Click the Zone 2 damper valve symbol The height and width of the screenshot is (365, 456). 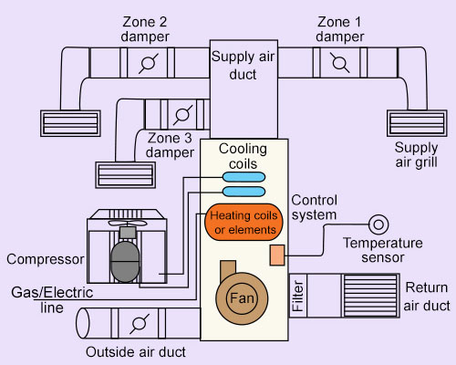[x=149, y=63]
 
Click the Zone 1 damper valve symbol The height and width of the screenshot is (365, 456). [x=340, y=63]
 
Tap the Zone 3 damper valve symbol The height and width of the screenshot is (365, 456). [x=183, y=115]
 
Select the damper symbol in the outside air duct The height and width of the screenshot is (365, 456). [x=140, y=324]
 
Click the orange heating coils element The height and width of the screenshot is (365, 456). [x=244, y=222]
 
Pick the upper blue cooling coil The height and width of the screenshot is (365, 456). [x=244, y=177]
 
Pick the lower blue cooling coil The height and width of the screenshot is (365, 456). [x=244, y=192]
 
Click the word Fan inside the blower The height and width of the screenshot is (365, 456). [x=242, y=298]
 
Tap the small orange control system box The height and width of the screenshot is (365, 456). [x=277, y=255]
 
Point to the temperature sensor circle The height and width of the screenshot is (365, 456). [x=378, y=224]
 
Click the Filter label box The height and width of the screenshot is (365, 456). [x=298, y=296]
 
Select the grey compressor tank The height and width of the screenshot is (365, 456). [x=125, y=262]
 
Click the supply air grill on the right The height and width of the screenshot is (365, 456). [x=417, y=123]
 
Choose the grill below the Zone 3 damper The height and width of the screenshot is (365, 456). [x=126, y=175]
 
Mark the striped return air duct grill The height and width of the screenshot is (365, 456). [x=371, y=296]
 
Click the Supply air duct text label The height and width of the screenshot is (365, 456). [x=243, y=66]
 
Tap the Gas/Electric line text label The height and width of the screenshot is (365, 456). [x=52, y=300]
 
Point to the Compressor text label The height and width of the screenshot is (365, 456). [x=46, y=259]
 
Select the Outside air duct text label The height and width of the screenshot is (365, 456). [x=136, y=352]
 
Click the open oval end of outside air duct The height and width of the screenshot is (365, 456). [x=82, y=323]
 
